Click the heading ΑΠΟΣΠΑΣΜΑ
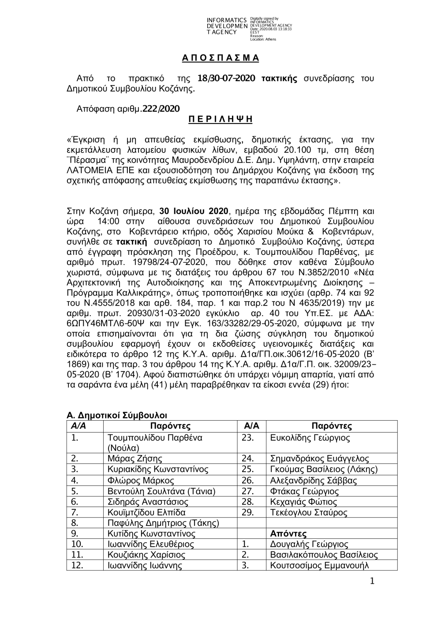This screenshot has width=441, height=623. [220, 58]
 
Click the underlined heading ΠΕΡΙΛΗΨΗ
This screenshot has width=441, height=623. [220, 119]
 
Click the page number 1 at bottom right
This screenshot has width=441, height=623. [372, 582]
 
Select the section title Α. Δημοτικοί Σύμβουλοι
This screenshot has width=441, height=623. [116, 415]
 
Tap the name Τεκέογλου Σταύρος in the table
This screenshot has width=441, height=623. [308, 513]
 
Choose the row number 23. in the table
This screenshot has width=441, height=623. [248, 438]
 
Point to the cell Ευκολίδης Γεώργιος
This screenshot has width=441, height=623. [310, 438]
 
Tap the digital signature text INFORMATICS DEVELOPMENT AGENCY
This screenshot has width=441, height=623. [227, 26]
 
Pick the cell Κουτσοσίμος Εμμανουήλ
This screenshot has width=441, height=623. [319, 566]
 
